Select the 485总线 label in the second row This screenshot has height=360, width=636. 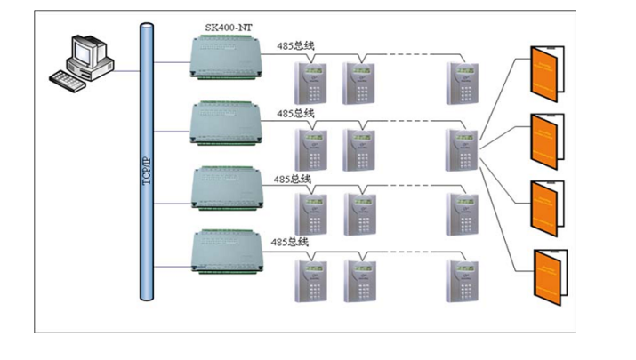[x=295, y=114]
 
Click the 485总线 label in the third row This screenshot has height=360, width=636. [x=293, y=179]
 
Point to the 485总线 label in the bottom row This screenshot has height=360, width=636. [x=290, y=242]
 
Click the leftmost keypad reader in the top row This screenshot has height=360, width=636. [x=313, y=82]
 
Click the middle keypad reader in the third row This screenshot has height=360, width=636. [x=361, y=214]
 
